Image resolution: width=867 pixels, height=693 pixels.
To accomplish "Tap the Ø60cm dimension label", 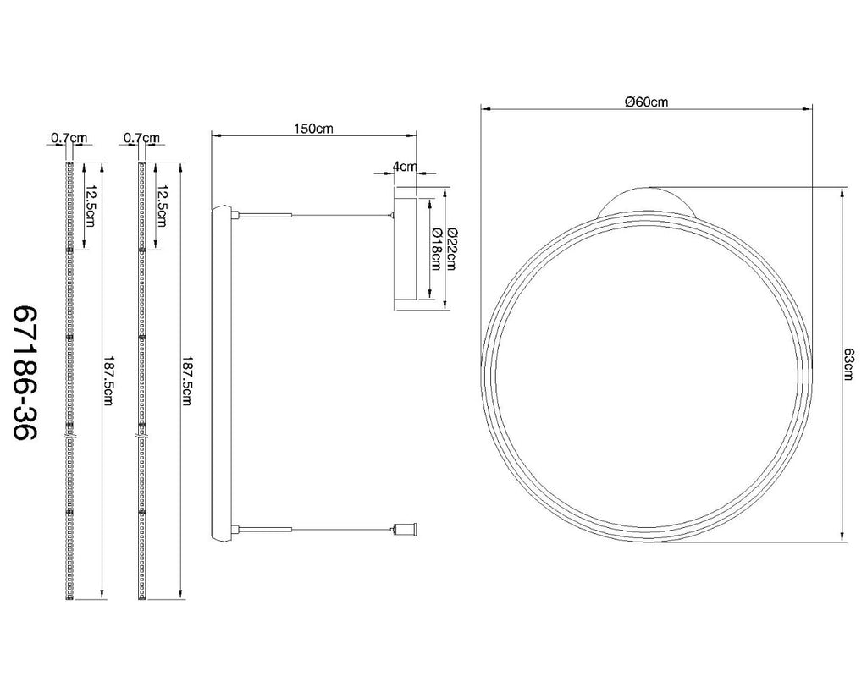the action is (x=646, y=102).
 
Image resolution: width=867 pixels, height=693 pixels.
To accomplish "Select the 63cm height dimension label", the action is (x=848, y=364).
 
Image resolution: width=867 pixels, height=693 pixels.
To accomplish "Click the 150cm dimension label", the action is (x=313, y=129).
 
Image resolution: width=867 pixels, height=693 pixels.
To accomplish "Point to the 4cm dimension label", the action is (x=404, y=167).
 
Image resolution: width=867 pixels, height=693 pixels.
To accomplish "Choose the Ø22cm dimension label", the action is (x=450, y=248).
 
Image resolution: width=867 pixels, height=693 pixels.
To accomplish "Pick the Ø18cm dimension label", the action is (x=434, y=248).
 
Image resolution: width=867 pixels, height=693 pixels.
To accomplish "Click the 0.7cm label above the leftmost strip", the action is (x=69, y=138).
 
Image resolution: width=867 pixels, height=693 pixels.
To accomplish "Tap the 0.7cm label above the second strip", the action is (x=141, y=138).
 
